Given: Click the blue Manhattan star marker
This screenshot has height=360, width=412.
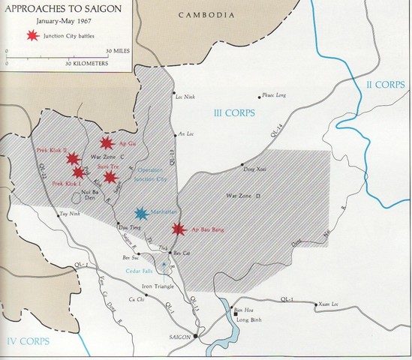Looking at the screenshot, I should point(140,214).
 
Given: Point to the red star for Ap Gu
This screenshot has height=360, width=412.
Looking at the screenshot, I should point(107,142).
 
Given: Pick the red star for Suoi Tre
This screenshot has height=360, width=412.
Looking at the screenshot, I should point(110,177).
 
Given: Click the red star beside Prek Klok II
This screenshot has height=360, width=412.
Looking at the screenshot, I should point(72,158).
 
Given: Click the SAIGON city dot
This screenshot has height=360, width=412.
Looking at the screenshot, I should point(195,337).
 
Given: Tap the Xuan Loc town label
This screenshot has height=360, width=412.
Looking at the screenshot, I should point(329,304).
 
